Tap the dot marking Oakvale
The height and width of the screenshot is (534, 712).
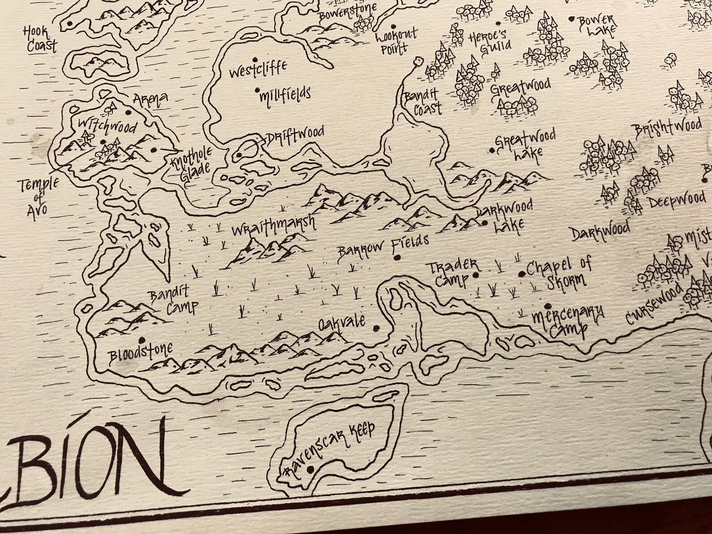coord(376,328)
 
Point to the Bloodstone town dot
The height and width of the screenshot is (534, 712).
coord(142,339)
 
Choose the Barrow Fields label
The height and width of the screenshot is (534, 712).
coord(383,248)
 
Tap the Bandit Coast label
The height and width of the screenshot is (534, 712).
coord(422,102)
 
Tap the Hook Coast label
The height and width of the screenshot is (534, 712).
coord(41,39)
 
